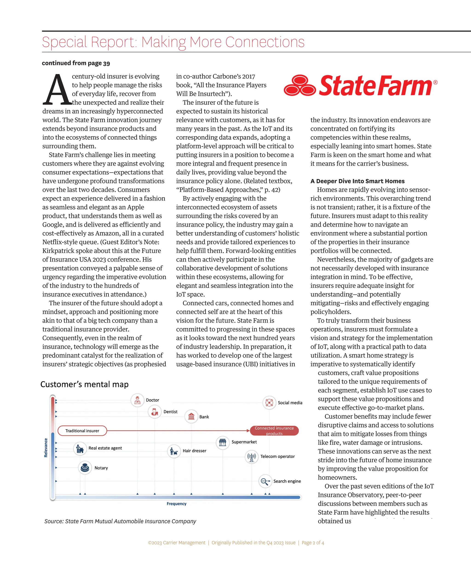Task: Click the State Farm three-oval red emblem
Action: pyautogui.click(x=300, y=85)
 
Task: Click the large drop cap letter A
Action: pyautogui.click(x=57, y=90)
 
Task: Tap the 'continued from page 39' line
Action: pyautogui.click(x=76, y=63)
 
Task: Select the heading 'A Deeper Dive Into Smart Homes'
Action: pyautogui.click(x=357, y=181)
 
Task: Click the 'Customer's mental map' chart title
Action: pyautogui.click(x=84, y=384)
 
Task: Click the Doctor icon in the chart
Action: pyautogui.click(x=137, y=400)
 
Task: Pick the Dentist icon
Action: pyautogui.click(x=155, y=412)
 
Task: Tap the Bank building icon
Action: pyautogui.click(x=191, y=416)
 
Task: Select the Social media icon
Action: pyautogui.click(x=269, y=403)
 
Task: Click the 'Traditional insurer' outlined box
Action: pyautogui.click(x=82, y=431)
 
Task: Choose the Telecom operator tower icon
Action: pyautogui.click(x=252, y=457)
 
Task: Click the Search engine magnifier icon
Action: pyautogui.click(x=265, y=481)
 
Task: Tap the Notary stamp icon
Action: pyautogui.click(x=85, y=468)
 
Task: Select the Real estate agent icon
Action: pyautogui.click(x=80, y=449)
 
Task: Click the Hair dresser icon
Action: pyautogui.click(x=174, y=451)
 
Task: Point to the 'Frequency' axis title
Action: pyautogui.click(x=176, y=504)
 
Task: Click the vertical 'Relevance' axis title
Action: pyautogui.click(x=46, y=448)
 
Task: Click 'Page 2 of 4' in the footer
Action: pyautogui.click(x=313, y=543)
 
